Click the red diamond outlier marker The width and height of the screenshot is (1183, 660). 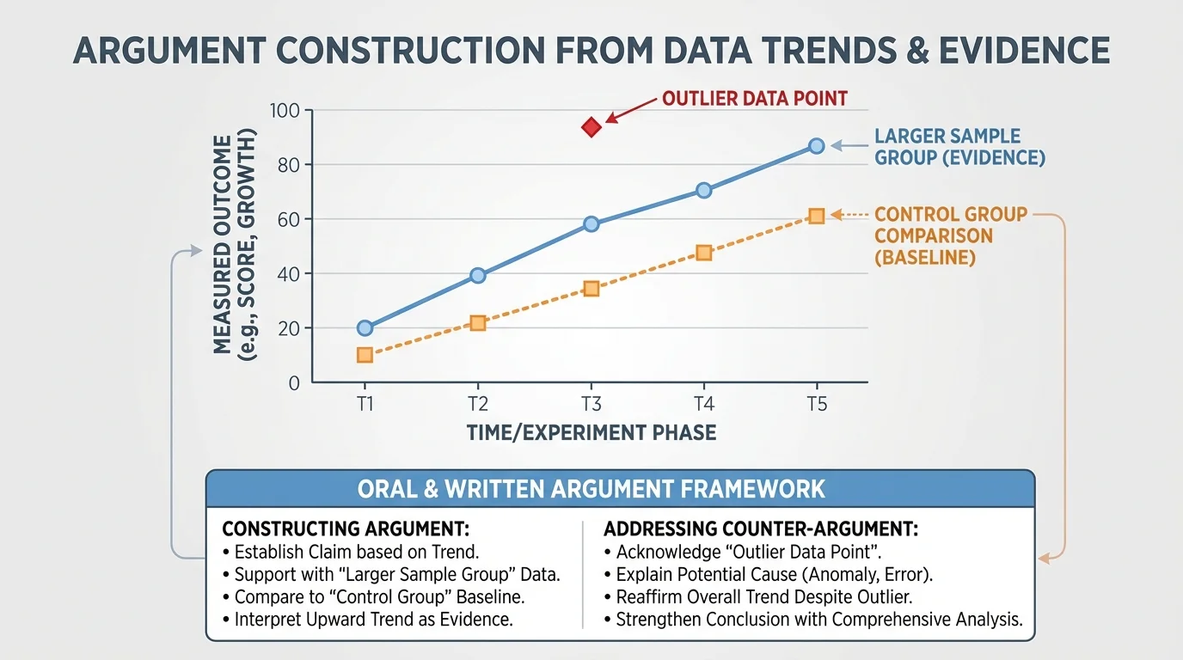click(x=591, y=127)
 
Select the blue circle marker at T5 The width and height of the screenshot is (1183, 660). click(x=816, y=146)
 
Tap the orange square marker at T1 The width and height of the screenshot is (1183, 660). click(x=365, y=355)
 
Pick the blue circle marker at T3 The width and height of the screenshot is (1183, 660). click(x=591, y=224)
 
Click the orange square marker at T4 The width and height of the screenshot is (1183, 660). click(x=703, y=253)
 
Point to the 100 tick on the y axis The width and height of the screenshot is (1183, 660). click(x=283, y=111)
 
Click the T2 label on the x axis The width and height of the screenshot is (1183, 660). click(x=478, y=404)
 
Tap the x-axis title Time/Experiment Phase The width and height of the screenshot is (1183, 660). click(x=591, y=431)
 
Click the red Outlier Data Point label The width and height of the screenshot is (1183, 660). click(x=754, y=98)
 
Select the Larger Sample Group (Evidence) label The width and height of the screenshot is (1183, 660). click(x=959, y=147)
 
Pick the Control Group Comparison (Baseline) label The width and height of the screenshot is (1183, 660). click(x=950, y=235)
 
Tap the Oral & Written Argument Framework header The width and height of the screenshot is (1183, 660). click(x=591, y=489)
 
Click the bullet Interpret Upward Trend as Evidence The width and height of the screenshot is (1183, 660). click(x=373, y=620)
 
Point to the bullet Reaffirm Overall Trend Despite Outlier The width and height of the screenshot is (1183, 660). click(x=763, y=597)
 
